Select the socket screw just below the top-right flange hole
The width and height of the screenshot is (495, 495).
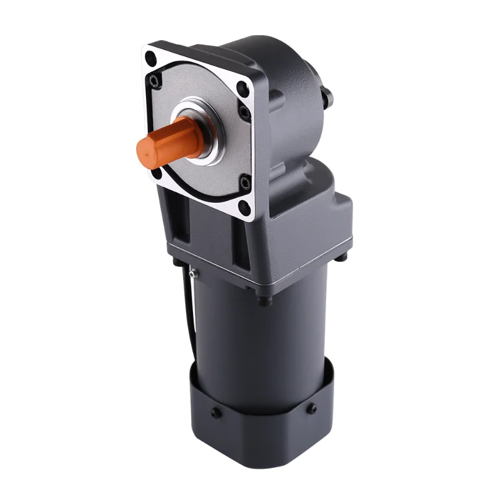click(x=245, y=113)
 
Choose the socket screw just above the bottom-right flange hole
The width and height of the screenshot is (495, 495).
click(x=246, y=183)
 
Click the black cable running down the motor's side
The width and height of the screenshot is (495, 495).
click(x=183, y=309)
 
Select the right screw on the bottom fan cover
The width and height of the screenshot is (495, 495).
click(x=311, y=408)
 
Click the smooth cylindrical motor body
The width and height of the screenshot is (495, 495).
click(x=260, y=346)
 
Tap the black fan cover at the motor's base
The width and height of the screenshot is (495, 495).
click(x=260, y=433)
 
